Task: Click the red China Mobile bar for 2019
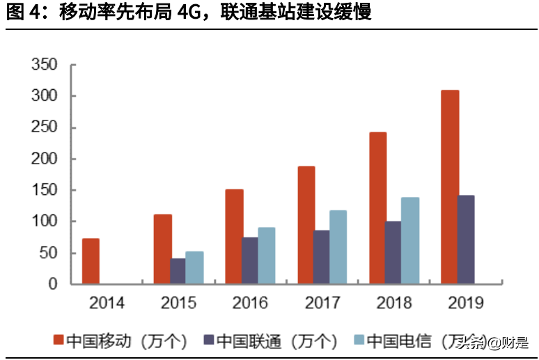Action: point(450,187)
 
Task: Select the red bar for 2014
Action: point(91,261)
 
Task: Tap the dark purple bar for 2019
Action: point(466,240)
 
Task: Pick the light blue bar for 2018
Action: point(410,240)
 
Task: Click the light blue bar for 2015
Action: point(194,267)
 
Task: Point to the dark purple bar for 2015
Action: point(178,271)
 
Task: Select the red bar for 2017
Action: point(306,225)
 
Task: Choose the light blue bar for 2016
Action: point(266,256)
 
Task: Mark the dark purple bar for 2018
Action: point(394,252)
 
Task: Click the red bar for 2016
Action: point(235,237)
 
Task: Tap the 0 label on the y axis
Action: point(53,284)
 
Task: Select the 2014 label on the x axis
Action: point(107,304)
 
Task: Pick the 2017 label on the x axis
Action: point(322,304)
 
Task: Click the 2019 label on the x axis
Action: point(466,304)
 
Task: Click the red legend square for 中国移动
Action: point(59,341)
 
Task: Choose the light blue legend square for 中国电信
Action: point(359,341)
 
